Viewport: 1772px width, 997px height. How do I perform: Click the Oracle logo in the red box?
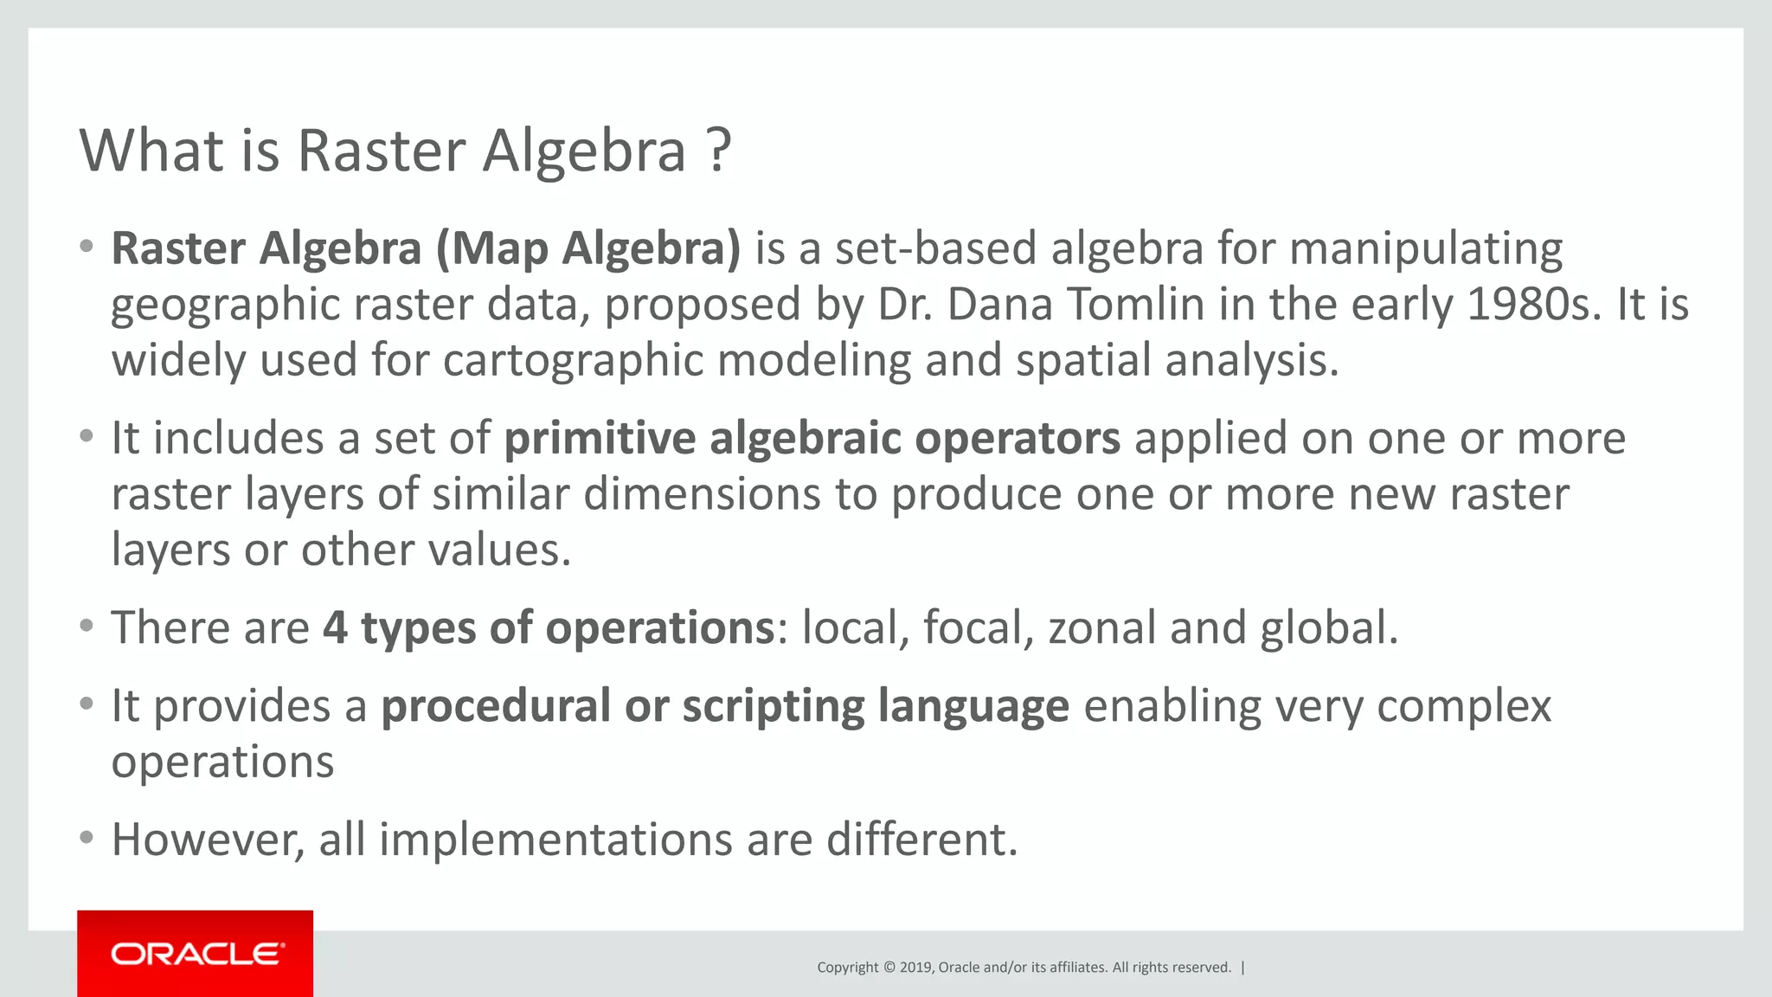coord(196,954)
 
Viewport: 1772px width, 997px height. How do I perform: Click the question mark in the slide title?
coord(718,151)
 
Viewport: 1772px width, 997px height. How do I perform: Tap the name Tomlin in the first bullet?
coord(1135,305)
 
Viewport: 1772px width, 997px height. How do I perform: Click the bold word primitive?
coord(599,438)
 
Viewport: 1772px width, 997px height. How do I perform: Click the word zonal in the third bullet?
coord(1101,627)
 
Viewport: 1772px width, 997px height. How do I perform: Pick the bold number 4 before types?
coord(336,627)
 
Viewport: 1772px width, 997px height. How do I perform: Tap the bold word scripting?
coord(773,705)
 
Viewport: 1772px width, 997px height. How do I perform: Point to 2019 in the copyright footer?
coord(915,968)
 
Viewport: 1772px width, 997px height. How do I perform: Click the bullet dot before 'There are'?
coord(86,626)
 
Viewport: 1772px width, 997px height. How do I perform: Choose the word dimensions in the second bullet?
coord(702,494)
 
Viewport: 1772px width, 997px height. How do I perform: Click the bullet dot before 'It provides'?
coord(86,704)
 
